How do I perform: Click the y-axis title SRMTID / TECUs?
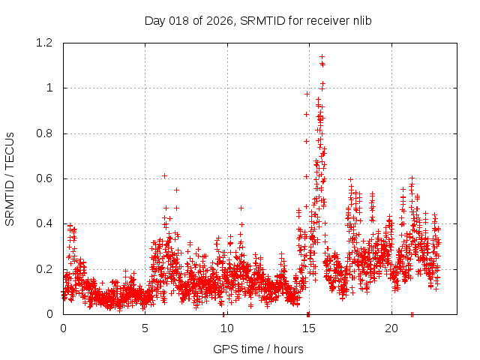pyautogui.click(x=10, y=178)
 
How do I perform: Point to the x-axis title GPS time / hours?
pyautogui.click(x=258, y=349)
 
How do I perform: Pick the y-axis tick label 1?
pyautogui.click(x=50, y=88)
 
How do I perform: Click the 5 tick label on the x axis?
pyautogui.click(x=145, y=328)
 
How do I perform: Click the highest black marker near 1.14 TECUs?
pyautogui.click(x=322, y=56)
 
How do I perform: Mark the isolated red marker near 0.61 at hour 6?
pyautogui.click(x=164, y=175)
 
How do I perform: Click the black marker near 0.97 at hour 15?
pyautogui.click(x=307, y=94)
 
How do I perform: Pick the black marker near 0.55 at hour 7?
pyautogui.click(x=176, y=189)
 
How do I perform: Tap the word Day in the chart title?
pyautogui.click(x=155, y=20)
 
